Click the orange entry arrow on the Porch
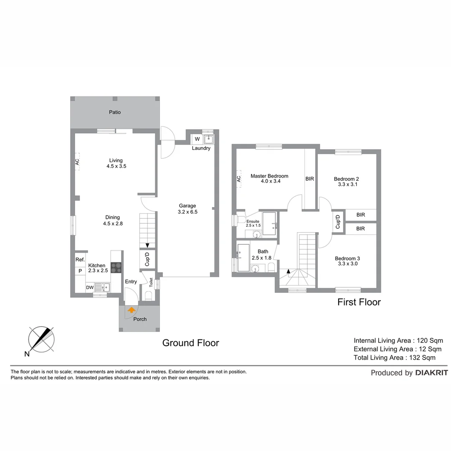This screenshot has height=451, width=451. tap(132, 310)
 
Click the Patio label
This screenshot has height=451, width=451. tap(115, 112)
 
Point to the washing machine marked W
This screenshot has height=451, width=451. tap(197, 139)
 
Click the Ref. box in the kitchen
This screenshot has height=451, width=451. tap(80, 260)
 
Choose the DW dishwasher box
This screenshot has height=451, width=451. tap(90, 287)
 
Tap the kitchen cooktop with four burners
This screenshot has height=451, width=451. tap(116, 268)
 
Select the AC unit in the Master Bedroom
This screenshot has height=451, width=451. tap(239, 179)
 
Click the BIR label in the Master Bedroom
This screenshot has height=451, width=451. tap(309, 179)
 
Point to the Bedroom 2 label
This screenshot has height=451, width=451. tap(346, 179)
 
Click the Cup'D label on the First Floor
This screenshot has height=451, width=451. tap(338, 221)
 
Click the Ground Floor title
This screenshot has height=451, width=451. tap(190, 343)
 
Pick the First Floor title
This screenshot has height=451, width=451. tap(359, 302)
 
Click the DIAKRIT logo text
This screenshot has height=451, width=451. tap(431, 373)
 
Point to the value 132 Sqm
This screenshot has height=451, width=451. tap(421, 357)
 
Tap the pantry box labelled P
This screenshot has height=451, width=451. tap(80, 271)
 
